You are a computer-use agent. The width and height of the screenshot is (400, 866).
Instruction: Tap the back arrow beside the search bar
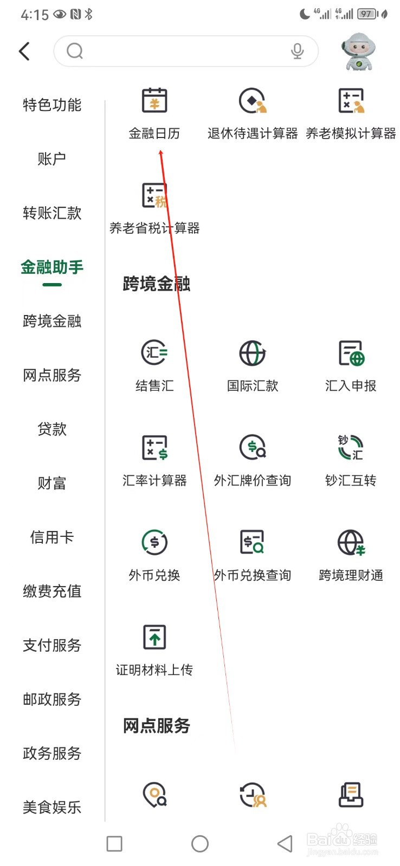tap(24, 51)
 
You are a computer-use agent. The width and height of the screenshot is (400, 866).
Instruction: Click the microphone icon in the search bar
tap(297, 51)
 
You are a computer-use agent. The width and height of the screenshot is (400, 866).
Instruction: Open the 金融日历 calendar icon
tap(154, 101)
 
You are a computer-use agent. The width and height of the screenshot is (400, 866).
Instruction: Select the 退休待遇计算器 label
tap(253, 134)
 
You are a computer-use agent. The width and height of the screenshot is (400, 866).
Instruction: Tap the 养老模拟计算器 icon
tap(351, 101)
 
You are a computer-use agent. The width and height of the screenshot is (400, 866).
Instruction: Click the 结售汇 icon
tap(154, 353)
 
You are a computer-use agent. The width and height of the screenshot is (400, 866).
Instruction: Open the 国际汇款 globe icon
tap(253, 353)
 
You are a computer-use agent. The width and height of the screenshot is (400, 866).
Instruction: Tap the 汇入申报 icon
tap(351, 353)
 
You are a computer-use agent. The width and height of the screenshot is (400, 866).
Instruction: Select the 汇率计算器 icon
tap(154, 448)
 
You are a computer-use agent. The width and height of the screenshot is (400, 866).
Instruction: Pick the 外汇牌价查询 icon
tap(253, 448)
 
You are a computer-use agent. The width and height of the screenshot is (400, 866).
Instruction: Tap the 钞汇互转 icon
tap(351, 448)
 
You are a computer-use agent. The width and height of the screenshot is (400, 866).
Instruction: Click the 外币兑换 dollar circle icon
tap(154, 542)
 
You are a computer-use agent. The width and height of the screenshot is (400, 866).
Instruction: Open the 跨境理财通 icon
tap(351, 542)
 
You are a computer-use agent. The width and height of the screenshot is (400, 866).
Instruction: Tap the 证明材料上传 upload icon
tap(154, 637)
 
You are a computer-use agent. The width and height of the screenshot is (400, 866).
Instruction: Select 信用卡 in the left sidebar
tap(52, 537)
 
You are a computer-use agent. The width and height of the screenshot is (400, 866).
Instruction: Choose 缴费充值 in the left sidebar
tap(52, 591)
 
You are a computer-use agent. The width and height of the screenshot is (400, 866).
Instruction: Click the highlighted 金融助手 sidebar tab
tap(52, 267)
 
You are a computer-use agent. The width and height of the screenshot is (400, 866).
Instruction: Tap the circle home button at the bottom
tap(200, 843)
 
